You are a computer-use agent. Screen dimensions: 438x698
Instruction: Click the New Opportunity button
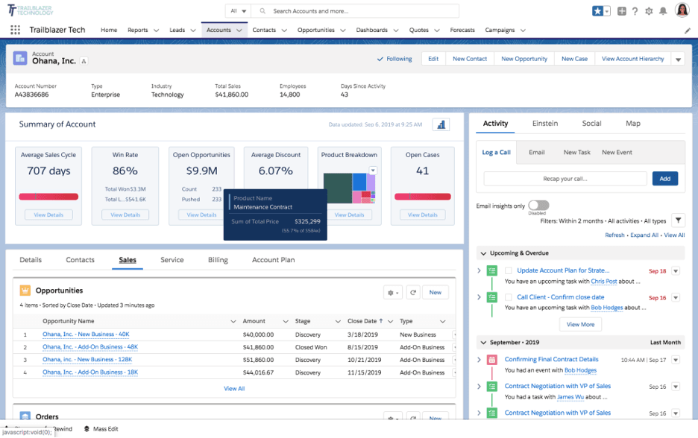click(x=523, y=59)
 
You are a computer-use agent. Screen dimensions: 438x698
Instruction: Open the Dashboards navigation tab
click(x=371, y=31)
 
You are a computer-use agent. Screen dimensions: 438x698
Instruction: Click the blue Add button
click(x=664, y=179)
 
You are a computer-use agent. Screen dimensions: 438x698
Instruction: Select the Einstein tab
click(x=544, y=124)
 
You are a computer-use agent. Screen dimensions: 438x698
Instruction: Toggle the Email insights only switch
click(x=538, y=206)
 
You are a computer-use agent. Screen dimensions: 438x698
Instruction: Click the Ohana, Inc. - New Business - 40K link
click(x=86, y=334)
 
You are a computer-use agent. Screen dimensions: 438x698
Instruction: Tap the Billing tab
click(x=218, y=260)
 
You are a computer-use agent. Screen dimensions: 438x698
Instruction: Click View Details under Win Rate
click(x=125, y=215)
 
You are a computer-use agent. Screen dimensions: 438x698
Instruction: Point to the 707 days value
click(x=48, y=171)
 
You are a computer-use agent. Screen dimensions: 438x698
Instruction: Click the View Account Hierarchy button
click(x=632, y=59)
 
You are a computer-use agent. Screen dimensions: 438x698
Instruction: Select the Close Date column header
click(x=362, y=321)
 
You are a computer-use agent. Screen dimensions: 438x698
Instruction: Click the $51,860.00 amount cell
click(x=258, y=359)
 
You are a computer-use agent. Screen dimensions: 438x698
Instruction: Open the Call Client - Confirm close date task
click(x=560, y=297)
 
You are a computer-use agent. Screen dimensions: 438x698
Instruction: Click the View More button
click(x=580, y=325)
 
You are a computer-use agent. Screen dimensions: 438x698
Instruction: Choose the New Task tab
click(x=576, y=152)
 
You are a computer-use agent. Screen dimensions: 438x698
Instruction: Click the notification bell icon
click(x=662, y=11)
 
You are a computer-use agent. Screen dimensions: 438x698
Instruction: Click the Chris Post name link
click(x=604, y=282)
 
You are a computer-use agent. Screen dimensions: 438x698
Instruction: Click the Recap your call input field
click(x=565, y=179)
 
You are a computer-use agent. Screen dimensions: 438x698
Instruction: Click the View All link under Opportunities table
click(x=234, y=388)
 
